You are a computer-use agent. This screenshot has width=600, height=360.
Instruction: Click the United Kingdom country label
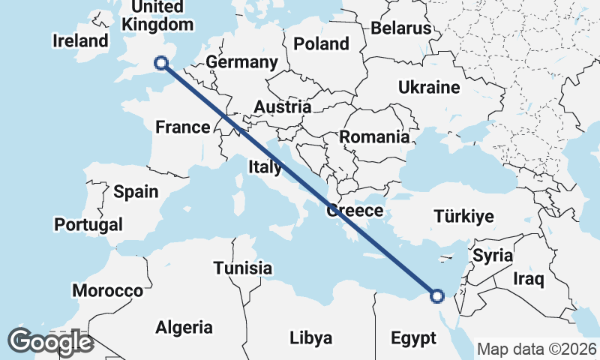[x=157, y=16]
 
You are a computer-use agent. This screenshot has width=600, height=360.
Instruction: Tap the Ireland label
[x=80, y=40]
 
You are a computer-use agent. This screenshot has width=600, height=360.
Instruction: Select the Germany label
[x=241, y=62]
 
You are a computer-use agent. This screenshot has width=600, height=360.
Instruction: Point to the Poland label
[x=321, y=43]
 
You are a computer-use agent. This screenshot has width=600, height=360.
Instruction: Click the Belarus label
[x=400, y=28]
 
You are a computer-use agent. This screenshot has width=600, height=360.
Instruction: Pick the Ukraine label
[x=429, y=88]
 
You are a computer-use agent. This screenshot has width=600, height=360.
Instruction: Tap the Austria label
[x=282, y=106]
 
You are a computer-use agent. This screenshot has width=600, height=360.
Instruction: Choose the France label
[x=182, y=127]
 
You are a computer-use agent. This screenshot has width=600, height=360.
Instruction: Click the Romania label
[x=374, y=137]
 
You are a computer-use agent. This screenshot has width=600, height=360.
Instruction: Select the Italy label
[x=265, y=166]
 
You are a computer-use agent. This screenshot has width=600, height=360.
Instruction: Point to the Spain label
[x=136, y=191]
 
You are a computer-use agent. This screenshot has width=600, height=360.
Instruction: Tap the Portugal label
[x=88, y=224]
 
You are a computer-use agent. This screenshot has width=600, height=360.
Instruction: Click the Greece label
[x=355, y=211]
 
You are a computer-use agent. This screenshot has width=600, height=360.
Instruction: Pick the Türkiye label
[x=463, y=217]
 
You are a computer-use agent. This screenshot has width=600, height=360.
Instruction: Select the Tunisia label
[x=242, y=268]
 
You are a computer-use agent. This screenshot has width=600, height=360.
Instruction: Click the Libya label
[x=310, y=338]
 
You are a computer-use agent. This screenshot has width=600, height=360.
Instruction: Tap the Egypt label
[x=413, y=338]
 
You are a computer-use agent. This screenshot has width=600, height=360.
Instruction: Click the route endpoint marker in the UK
[x=160, y=63]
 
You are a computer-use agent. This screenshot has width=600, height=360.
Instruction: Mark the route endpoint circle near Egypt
[x=437, y=296]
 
